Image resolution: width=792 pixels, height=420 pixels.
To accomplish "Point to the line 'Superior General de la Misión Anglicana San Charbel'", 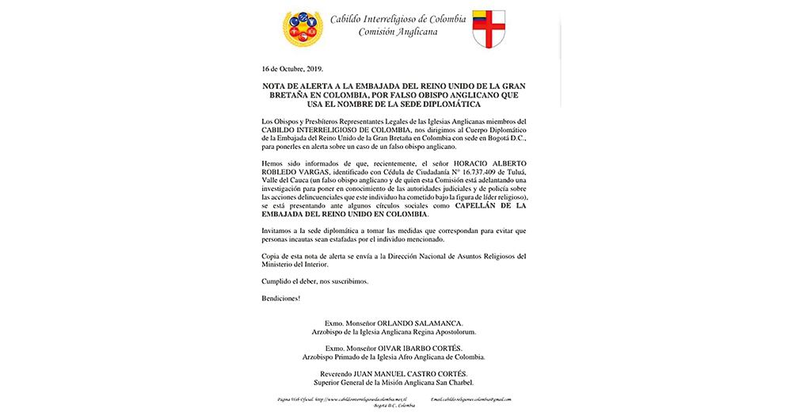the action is [394, 382].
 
